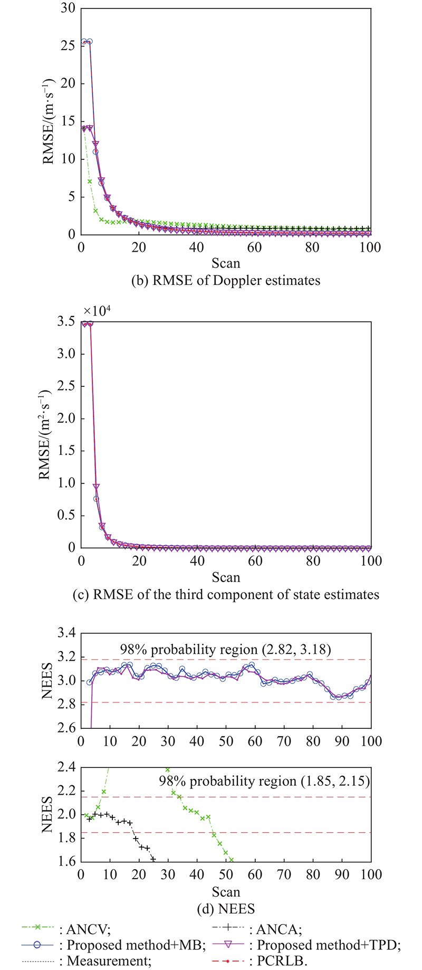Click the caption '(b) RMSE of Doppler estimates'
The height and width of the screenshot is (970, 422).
click(x=226, y=280)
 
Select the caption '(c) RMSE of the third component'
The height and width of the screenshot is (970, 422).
click(x=226, y=595)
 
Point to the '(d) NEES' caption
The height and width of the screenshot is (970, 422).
click(x=226, y=909)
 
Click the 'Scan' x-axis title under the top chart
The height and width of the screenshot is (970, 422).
click(x=226, y=263)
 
